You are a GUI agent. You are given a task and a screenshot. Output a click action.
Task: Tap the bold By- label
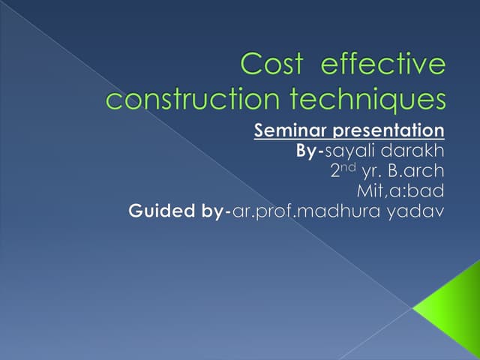[x=310, y=151]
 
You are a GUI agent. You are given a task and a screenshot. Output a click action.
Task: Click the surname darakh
[x=414, y=151]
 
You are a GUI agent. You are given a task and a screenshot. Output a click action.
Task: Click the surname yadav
[x=415, y=212]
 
